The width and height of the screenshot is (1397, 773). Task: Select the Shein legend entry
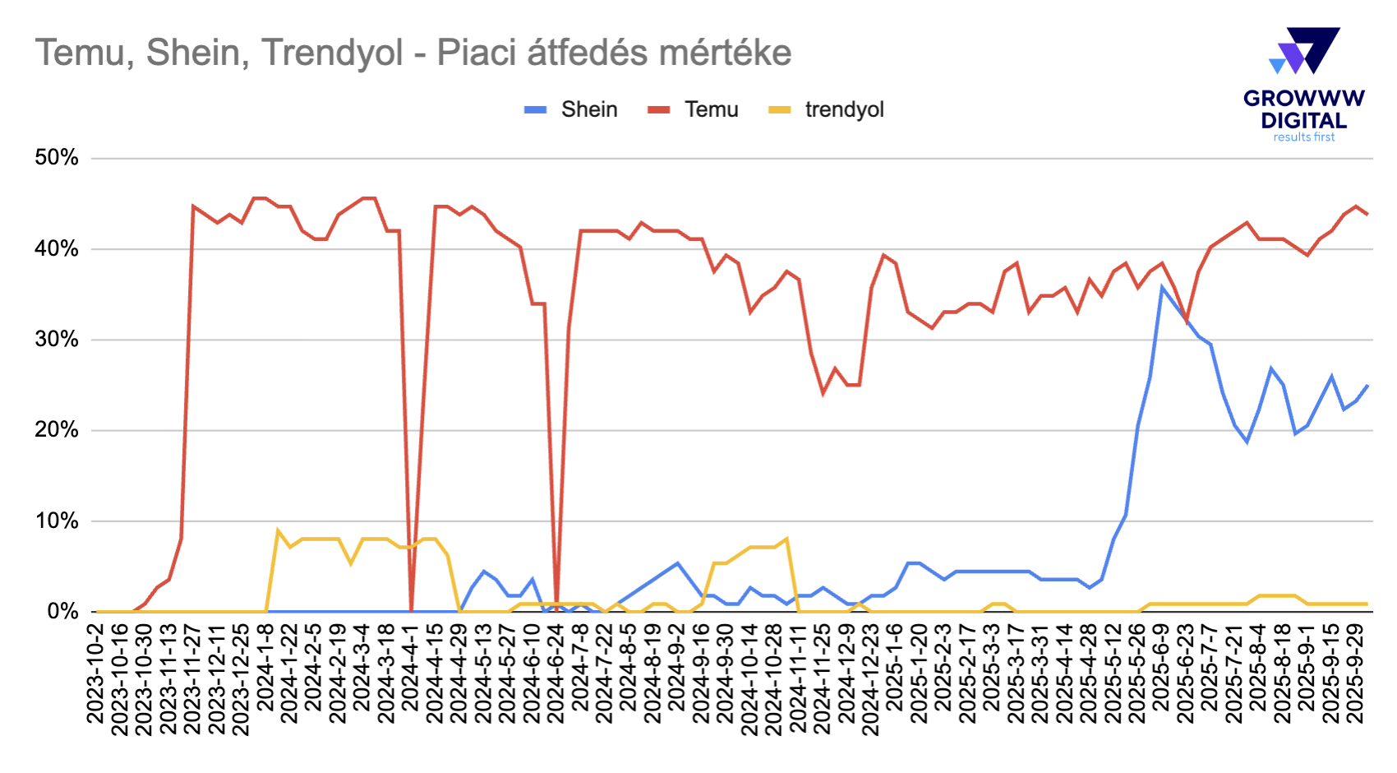click(x=588, y=109)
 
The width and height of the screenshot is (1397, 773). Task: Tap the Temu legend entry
click(x=711, y=109)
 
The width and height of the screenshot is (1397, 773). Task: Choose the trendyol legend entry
click(x=844, y=109)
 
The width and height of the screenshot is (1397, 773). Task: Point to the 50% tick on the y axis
click(x=57, y=158)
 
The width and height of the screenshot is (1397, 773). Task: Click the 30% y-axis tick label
click(x=57, y=340)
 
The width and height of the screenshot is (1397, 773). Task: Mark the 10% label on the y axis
click(x=57, y=521)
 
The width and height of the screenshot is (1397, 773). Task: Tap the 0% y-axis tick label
click(x=62, y=612)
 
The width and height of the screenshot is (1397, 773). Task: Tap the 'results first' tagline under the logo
click(x=1304, y=137)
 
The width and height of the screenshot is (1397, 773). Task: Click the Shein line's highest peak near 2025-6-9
click(x=1162, y=287)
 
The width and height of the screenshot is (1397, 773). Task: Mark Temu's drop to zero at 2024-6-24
click(x=556, y=609)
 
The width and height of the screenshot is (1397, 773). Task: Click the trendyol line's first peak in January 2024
click(x=278, y=530)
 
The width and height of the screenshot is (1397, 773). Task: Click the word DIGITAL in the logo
click(x=1304, y=120)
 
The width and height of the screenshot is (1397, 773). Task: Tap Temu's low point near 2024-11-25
click(x=823, y=394)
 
